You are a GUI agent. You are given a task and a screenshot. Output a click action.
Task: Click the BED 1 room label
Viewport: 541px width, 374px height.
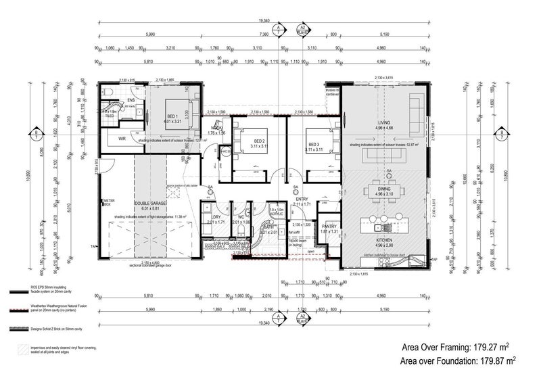(172, 116)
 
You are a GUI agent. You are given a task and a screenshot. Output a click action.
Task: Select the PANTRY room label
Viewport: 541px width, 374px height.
(329, 227)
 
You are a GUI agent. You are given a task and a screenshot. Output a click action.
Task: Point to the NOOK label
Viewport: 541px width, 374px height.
(216, 128)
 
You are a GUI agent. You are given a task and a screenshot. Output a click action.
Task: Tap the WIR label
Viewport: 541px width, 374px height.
(122, 138)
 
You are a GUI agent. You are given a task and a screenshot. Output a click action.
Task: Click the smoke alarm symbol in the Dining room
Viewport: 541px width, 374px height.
(389, 172)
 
